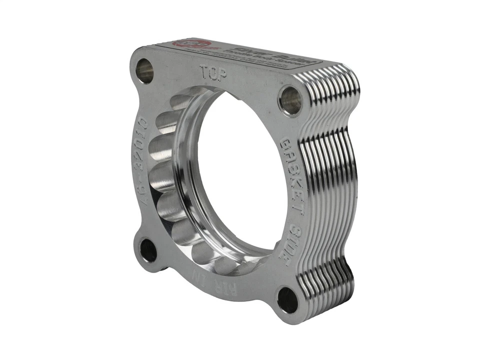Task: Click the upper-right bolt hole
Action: pyautogui.click(x=290, y=100)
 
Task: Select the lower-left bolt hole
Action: pyautogui.click(x=148, y=250)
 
